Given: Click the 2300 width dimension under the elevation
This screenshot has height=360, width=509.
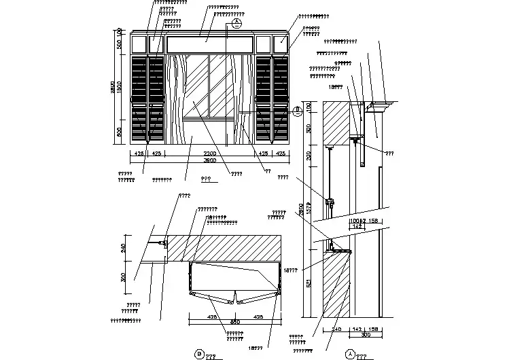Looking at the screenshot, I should (209, 154).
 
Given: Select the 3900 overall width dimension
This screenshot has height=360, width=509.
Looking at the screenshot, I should (209, 161).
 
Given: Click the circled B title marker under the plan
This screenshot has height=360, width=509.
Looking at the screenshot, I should (199, 353).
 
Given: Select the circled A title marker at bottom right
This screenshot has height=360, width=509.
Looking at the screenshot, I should (351, 354).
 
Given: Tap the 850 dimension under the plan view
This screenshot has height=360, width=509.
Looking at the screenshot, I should (234, 322).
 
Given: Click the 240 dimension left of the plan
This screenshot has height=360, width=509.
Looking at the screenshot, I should (124, 249).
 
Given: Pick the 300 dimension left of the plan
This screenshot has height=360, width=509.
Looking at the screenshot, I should (124, 278).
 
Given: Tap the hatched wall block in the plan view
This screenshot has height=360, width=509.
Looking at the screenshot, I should (224, 247).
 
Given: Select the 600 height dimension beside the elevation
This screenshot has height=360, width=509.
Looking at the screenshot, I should (120, 132).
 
